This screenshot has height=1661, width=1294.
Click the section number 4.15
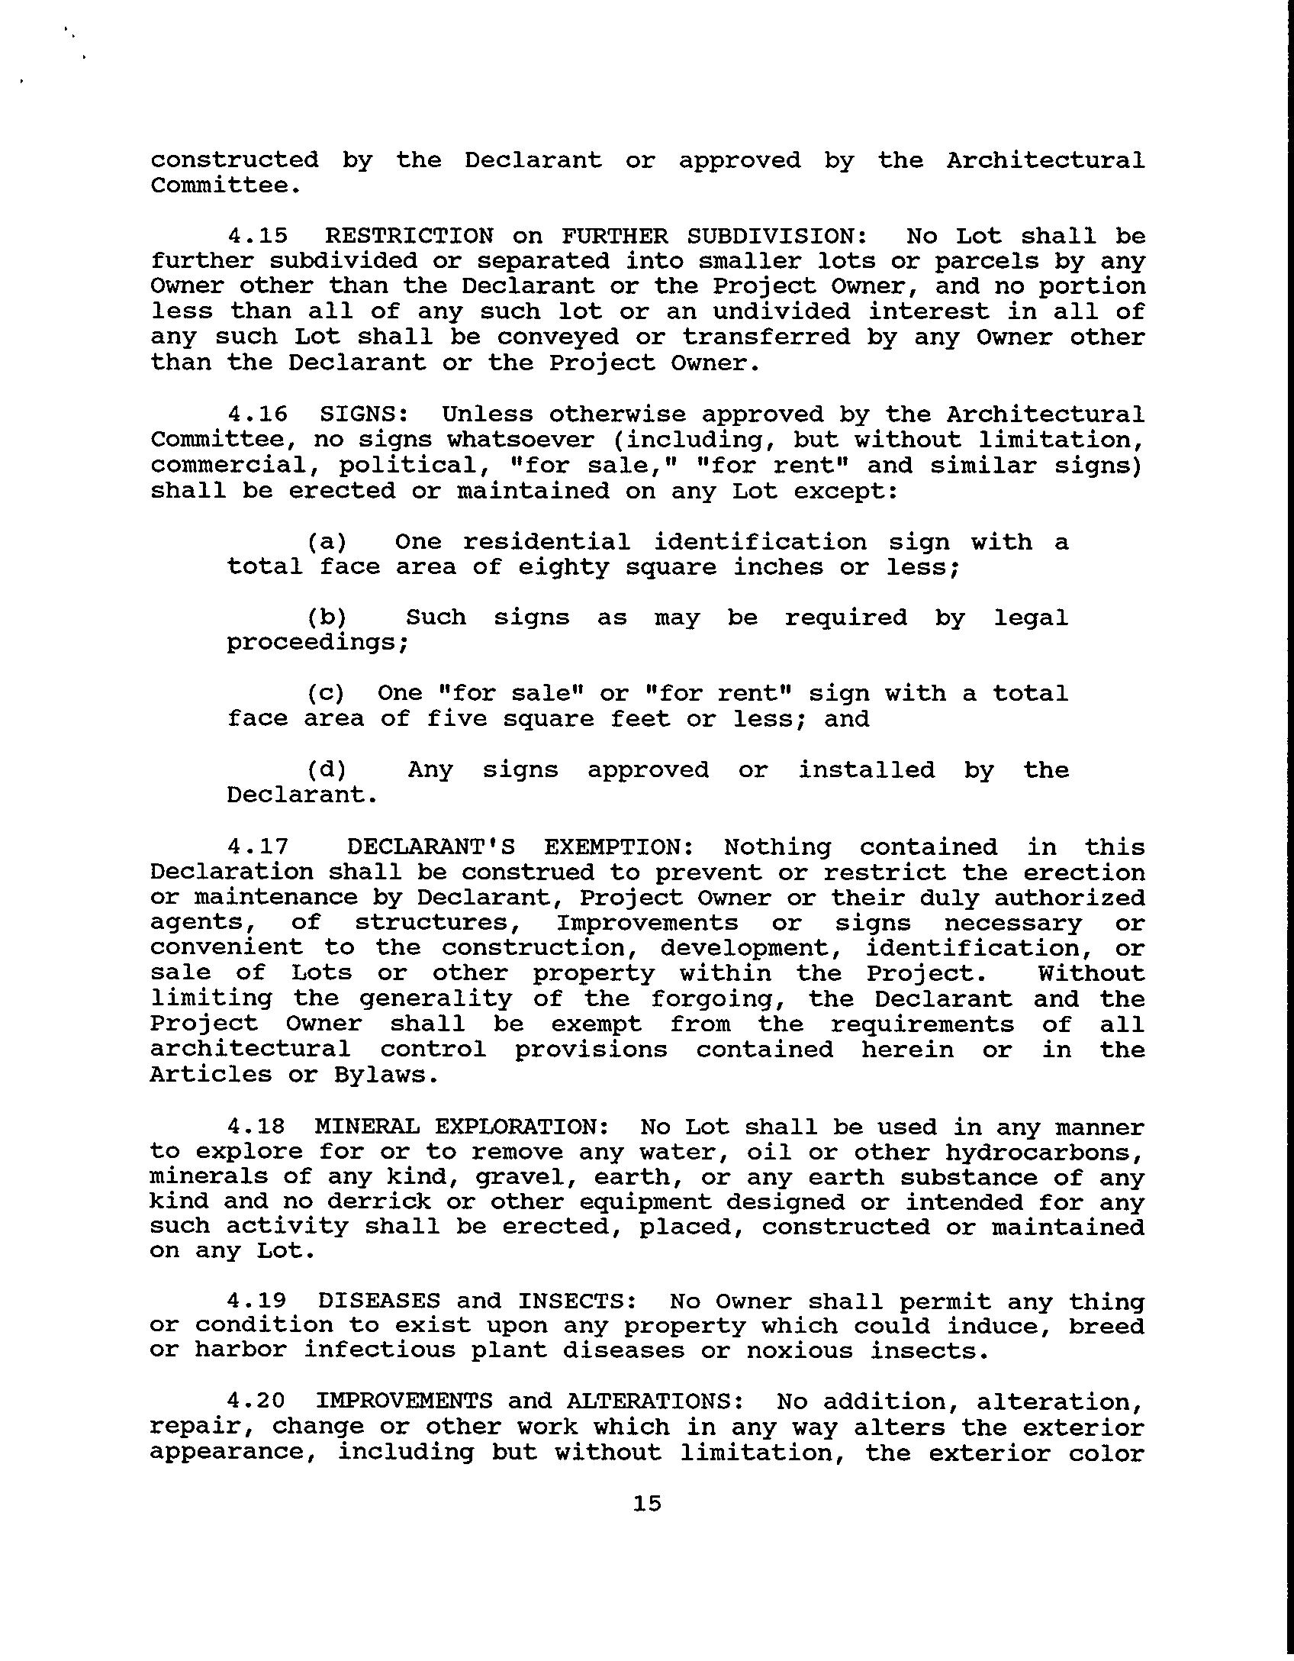(258, 237)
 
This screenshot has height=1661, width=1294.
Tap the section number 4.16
(258, 414)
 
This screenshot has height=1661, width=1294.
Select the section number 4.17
(258, 847)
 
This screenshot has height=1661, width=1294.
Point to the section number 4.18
(258, 1127)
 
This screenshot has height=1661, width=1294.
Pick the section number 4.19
(258, 1301)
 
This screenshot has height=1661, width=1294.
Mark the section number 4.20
(258, 1401)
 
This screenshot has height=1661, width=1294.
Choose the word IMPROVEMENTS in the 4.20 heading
(404, 1401)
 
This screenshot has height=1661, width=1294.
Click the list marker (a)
(327, 542)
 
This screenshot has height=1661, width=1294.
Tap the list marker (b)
(327, 618)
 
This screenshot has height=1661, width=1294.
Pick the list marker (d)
(327, 769)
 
